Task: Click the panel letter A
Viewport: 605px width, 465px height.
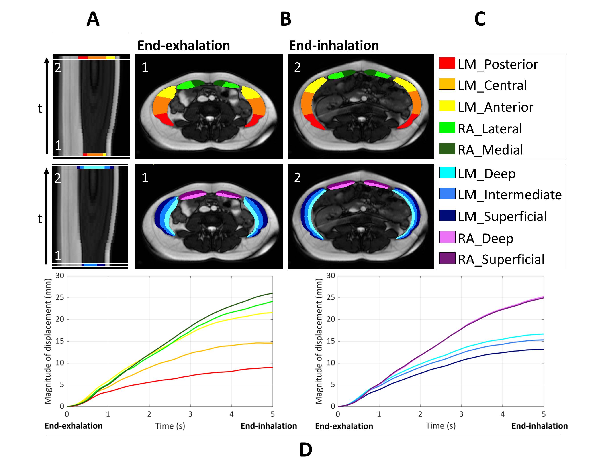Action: pyautogui.click(x=93, y=19)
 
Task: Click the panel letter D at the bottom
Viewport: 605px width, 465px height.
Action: pyautogui.click(x=306, y=450)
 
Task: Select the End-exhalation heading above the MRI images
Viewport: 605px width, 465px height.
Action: pyautogui.click(x=184, y=46)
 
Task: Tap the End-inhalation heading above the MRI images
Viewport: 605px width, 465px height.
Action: pyautogui.click(x=334, y=46)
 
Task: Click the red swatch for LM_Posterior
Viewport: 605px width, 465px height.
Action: pyautogui.click(x=447, y=63)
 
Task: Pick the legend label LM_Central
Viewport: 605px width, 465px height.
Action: pyautogui.click(x=492, y=85)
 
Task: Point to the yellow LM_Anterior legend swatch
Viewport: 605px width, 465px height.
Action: pyautogui.click(x=447, y=106)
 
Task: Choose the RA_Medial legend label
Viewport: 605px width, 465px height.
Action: pyautogui.click(x=490, y=150)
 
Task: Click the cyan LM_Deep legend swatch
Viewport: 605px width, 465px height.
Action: pyautogui.click(x=447, y=172)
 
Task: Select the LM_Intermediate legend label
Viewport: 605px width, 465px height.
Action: pyautogui.click(x=510, y=195)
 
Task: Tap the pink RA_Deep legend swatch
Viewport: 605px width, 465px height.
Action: pyautogui.click(x=447, y=237)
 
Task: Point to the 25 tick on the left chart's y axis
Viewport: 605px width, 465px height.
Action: pyautogui.click(x=60, y=298)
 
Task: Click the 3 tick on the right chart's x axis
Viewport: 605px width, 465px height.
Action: pyautogui.click(x=461, y=414)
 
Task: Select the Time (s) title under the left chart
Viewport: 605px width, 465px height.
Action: pyautogui.click(x=170, y=426)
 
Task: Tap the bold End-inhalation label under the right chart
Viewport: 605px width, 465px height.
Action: pyautogui.click(x=539, y=426)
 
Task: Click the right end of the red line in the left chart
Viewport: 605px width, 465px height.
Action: pyautogui.click(x=272, y=367)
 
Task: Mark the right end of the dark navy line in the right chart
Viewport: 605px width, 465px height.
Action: pyautogui.click(x=543, y=349)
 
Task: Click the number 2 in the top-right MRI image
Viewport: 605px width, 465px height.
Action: pyautogui.click(x=297, y=67)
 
